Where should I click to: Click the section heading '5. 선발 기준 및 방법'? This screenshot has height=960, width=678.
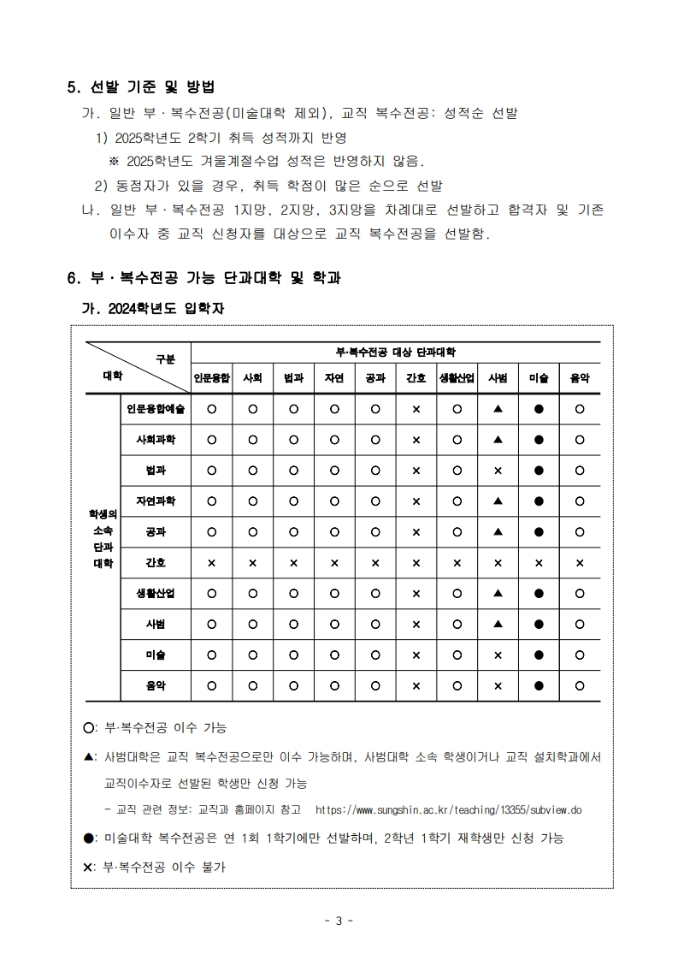(140, 87)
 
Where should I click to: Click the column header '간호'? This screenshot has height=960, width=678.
(416, 377)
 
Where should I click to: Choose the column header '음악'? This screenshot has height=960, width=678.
(580, 377)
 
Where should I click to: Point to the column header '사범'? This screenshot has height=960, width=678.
(498, 377)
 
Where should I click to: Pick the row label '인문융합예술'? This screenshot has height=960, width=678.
(156, 409)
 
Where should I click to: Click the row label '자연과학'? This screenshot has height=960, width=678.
(156, 501)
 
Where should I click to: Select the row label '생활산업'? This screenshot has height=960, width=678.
(156, 593)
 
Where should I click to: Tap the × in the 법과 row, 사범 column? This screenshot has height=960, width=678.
(498, 471)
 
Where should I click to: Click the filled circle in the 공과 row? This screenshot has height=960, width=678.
(539, 532)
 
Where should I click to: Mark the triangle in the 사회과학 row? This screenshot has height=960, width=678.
(498, 440)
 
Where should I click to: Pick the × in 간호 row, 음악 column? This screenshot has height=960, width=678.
(580, 563)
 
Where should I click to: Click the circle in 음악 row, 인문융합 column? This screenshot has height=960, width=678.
(211, 685)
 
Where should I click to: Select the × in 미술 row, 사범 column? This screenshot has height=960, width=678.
(498, 655)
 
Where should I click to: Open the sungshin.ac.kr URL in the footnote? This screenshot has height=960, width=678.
(448, 809)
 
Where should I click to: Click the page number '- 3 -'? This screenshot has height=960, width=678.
(339, 921)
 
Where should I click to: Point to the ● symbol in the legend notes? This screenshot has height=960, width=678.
(89, 839)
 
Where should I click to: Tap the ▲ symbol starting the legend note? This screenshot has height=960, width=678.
(89, 757)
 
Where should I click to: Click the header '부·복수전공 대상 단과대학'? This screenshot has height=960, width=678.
(395, 352)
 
